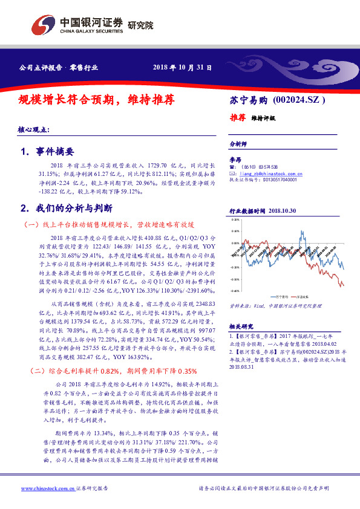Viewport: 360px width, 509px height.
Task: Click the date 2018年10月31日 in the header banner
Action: [182, 68]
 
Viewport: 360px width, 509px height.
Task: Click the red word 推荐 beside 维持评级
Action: [237, 118]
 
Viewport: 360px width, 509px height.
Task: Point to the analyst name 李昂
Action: [235, 159]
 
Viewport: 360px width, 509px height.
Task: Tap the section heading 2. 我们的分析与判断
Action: [67, 208]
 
